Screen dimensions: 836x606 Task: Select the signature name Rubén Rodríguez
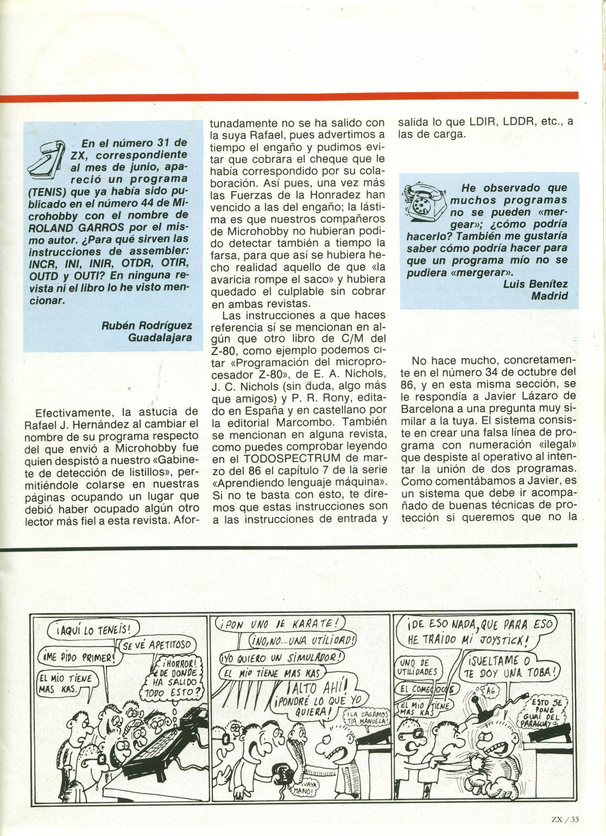[x=146, y=325]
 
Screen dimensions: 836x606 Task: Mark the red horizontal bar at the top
[x=288, y=98]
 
